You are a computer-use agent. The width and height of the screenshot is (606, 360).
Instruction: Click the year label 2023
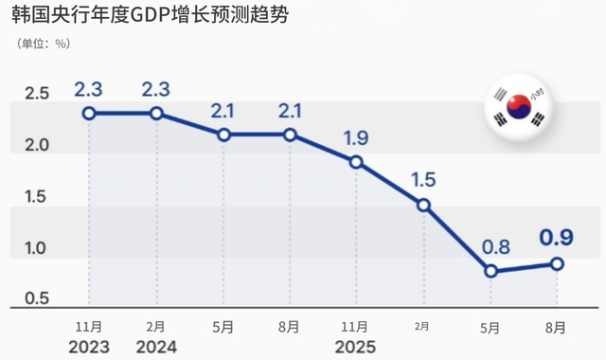point(89,346)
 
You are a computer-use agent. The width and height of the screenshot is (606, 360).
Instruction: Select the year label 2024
point(156,346)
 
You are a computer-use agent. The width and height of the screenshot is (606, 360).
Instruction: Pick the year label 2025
point(356,346)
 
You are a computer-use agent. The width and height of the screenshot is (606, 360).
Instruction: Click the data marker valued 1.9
point(356,162)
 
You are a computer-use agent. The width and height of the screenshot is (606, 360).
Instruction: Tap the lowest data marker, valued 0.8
point(490,271)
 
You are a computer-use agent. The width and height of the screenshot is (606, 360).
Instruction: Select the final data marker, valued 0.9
point(558,264)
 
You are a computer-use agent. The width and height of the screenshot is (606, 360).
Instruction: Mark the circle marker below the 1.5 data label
point(423,205)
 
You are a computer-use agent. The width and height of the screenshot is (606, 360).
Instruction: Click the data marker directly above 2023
point(89,114)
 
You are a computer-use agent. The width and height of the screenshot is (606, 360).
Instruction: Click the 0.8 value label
point(490,247)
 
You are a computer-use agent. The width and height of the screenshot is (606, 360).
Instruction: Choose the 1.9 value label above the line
point(356,138)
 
